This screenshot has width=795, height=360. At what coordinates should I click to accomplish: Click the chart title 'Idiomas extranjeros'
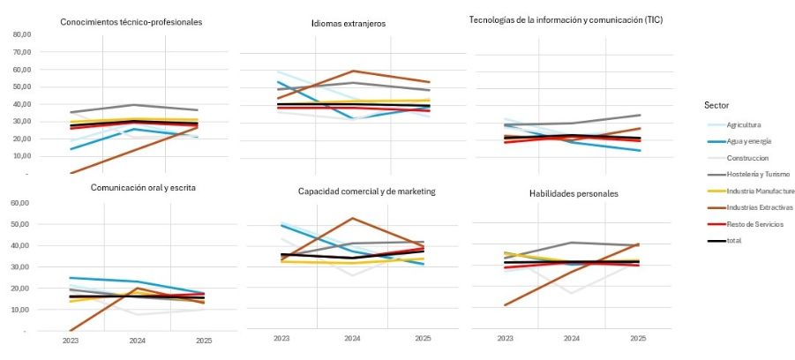[351, 23]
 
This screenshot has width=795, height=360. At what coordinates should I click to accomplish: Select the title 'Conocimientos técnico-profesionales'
[131, 22]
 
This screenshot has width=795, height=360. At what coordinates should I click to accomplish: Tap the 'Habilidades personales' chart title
[573, 192]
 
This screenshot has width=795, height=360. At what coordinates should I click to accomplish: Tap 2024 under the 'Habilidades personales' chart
[573, 339]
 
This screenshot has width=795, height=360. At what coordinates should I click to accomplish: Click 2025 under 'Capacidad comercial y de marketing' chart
[423, 339]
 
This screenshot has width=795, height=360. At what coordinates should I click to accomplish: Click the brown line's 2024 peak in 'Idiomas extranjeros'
[353, 71]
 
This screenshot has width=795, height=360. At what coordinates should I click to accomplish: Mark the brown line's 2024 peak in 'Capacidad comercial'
[353, 218]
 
